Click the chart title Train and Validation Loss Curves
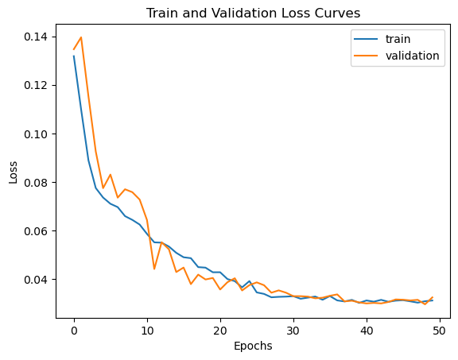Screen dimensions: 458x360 [253, 14]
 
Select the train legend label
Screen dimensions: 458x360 [398, 39]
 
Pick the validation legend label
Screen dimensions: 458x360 [413, 56]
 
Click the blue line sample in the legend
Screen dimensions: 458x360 [366, 39]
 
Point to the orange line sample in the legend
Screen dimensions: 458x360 [366, 56]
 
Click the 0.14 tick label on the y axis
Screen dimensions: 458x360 [37, 37]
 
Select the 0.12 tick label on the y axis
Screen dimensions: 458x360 [37, 86]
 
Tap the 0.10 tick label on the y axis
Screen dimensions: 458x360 [37, 134]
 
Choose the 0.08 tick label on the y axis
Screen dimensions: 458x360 [37, 183]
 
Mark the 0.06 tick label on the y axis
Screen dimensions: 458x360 [37, 231]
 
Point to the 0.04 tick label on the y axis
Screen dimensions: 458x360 [37, 280]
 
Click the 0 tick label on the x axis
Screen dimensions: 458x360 [74, 331]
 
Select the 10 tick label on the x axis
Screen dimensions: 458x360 [147, 331]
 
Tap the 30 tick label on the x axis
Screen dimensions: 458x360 [293, 331]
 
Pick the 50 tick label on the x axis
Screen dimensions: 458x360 [439, 331]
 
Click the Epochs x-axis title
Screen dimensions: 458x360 [253, 346]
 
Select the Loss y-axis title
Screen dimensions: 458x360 [14, 172]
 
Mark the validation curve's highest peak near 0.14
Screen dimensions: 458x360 [81, 37]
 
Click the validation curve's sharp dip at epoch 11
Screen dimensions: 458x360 [154, 269]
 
